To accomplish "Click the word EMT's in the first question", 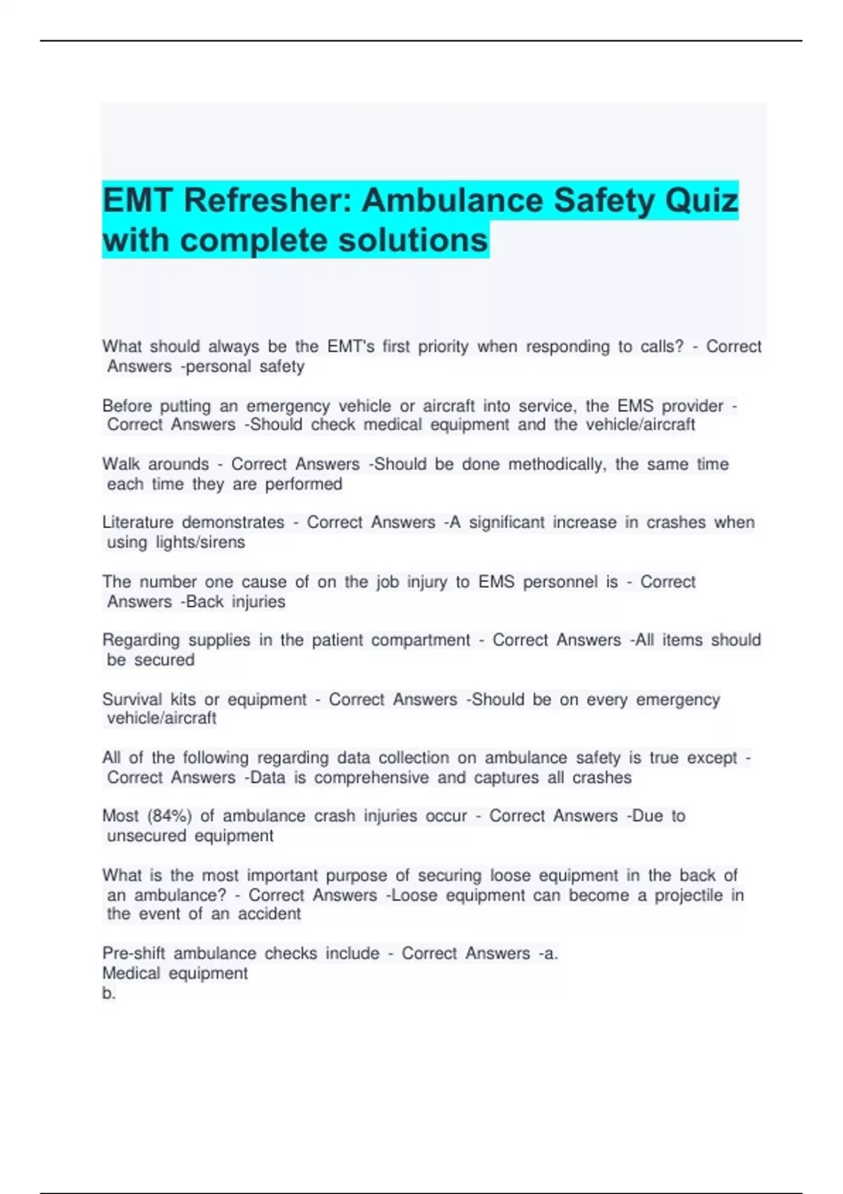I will [351, 347].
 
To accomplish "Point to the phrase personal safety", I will [246, 367].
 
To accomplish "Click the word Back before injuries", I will [205, 602].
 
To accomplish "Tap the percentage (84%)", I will [169, 816].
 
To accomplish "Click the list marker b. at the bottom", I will [109, 993].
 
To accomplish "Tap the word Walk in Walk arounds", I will [120, 464].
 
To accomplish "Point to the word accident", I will [269, 914].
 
